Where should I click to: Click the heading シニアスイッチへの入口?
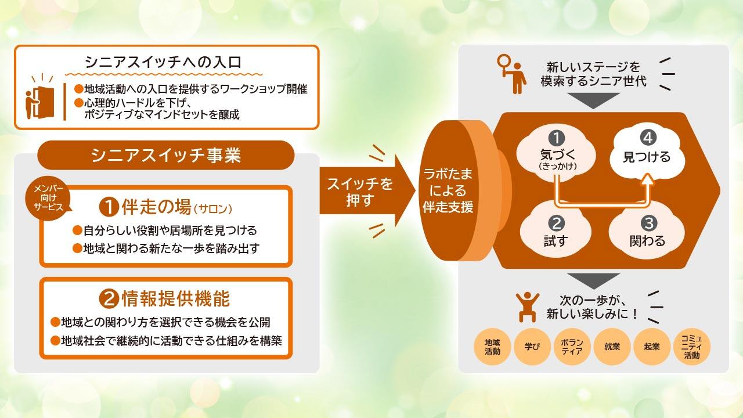(163, 62)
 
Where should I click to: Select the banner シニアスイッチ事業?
(166, 155)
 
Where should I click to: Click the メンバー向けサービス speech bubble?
(48, 198)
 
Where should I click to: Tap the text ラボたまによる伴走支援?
(448, 190)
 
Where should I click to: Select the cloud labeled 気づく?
(556, 154)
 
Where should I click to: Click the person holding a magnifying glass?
(512, 74)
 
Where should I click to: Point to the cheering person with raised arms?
(528, 307)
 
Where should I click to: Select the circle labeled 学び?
(532, 347)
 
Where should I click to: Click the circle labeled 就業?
(612, 347)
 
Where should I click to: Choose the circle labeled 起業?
(652, 347)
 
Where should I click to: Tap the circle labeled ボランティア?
(572, 347)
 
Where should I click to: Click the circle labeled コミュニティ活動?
(692, 347)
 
